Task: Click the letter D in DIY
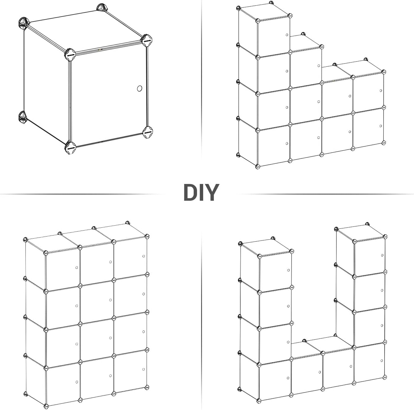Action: click(191, 192)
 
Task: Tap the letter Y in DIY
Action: click(212, 192)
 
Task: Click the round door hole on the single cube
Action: click(139, 88)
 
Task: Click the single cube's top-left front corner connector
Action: click(70, 55)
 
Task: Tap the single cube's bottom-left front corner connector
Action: click(70, 148)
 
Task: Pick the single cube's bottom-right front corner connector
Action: click(148, 132)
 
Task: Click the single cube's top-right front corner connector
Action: click(147, 40)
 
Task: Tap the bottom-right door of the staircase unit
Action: click(368, 128)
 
